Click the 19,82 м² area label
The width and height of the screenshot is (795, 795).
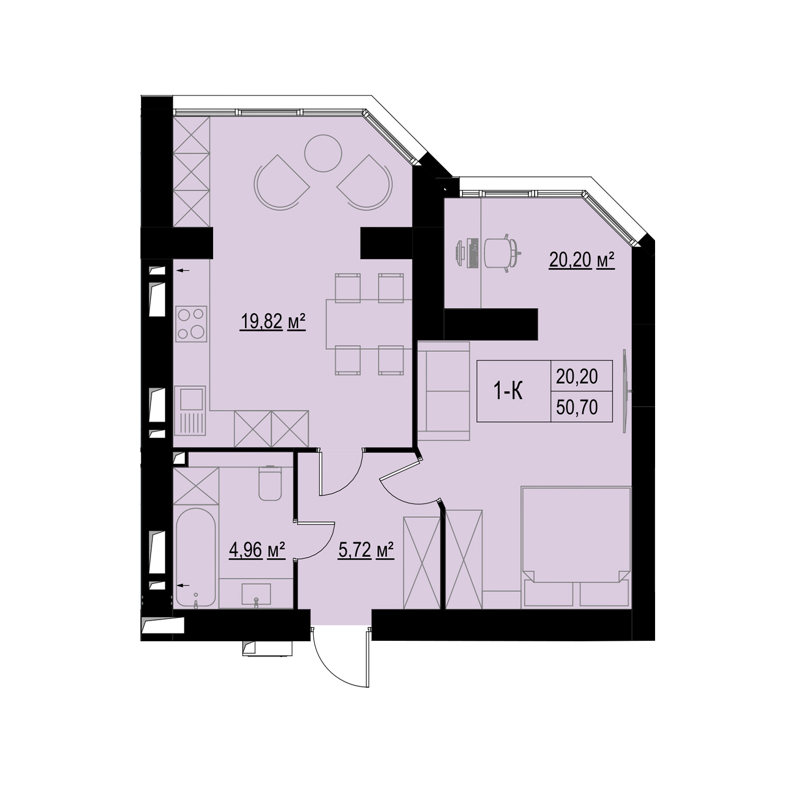(x=273, y=322)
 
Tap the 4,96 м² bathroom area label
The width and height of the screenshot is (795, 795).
(x=257, y=550)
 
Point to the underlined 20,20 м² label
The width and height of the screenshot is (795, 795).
(x=581, y=261)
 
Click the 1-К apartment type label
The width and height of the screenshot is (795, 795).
(x=508, y=391)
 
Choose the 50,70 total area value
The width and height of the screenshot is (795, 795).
(x=577, y=407)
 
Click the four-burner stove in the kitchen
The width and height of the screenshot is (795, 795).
(x=191, y=324)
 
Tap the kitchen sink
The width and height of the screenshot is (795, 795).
(x=191, y=410)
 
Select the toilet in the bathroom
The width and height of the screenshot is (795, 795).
(x=270, y=482)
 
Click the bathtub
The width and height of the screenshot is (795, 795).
(x=196, y=556)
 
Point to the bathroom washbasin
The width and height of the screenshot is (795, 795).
(x=257, y=594)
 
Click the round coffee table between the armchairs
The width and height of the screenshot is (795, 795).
(x=322, y=153)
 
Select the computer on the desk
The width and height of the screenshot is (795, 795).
(x=467, y=253)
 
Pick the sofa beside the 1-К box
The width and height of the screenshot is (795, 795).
(x=444, y=392)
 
